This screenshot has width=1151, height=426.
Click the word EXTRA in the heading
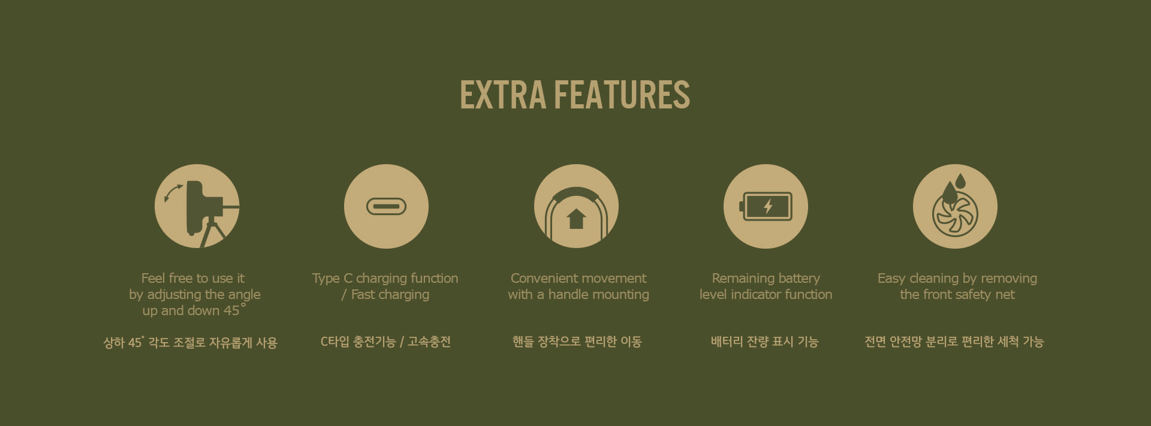click(x=503, y=95)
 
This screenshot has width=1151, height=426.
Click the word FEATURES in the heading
click(x=622, y=95)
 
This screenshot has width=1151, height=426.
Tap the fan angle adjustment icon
click(x=197, y=206)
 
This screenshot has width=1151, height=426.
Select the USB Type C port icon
click(x=386, y=207)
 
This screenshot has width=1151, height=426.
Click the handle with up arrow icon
click(x=576, y=206)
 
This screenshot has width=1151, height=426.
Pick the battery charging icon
click(x=766, y=206)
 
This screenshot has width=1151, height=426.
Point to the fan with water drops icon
click(x=955, y=206)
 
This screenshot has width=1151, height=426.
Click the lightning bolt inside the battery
click(x=768, y=206)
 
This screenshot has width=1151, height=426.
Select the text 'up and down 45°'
click(x=194, y=310)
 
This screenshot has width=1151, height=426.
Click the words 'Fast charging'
click(x=390, y=294)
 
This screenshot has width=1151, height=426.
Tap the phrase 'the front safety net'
click(x=957, y=294)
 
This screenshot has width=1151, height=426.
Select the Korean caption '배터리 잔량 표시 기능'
click(x=765, y=342)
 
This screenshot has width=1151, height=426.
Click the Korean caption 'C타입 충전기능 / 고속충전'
click(x=385, y=342)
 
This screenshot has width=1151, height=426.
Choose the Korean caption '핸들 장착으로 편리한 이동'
click(x=577, y=342)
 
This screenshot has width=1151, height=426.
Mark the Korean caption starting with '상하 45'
click(x=190, y=342)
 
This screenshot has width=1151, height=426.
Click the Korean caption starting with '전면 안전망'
click(x=954, y=342)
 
